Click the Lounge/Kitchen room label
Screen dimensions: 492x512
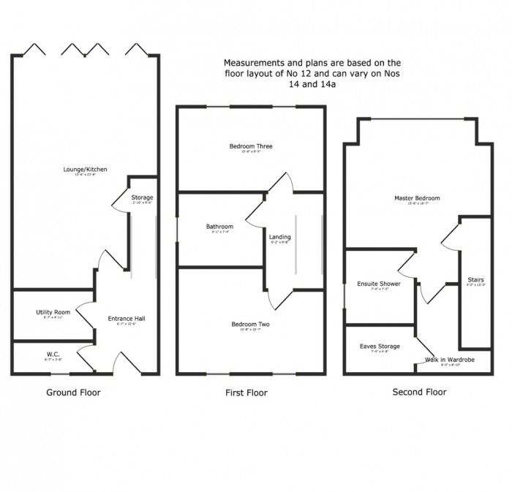click(x=85, y=170)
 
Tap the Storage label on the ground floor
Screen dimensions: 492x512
click(x=142, y=198)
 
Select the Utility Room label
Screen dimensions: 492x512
click(x=53, y=312)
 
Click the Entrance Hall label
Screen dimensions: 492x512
click(x=127, y=319)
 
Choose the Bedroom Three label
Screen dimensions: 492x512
click(x=250, y=147)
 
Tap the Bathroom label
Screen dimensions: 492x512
click(x=219, y=227)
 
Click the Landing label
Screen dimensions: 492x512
click(x=279, y=238)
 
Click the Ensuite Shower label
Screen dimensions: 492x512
click(x=378, y=284)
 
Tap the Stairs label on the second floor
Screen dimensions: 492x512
click(x=475, y=280)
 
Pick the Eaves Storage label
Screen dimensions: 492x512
click(x=380, y=347)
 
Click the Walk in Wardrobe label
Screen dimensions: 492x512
click(x=450, y=360)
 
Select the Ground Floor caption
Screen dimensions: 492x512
click(x=73, y=393)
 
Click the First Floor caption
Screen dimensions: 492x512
click(x=246, y=393)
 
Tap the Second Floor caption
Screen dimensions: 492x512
click(x=419, y=392)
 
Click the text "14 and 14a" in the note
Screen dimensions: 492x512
click(x=316, y=84)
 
